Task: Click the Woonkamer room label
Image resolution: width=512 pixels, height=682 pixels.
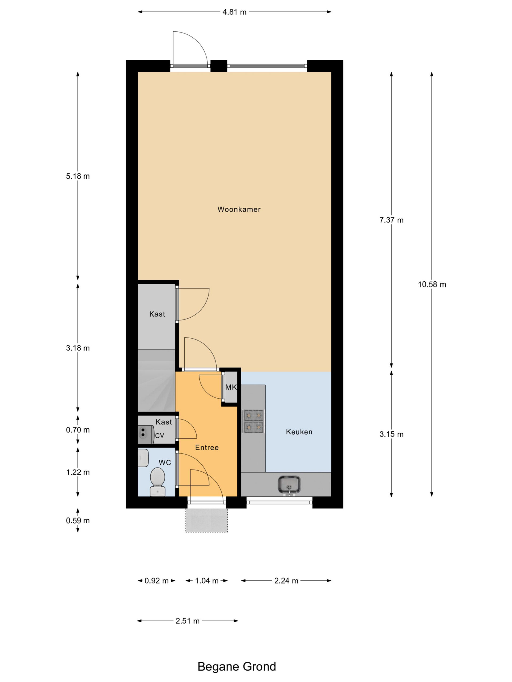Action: [239, 209]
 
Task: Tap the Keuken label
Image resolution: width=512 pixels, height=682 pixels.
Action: [299, 432]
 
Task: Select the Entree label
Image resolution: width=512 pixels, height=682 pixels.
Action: [207, 447]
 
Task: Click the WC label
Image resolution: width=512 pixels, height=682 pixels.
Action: [165, 462]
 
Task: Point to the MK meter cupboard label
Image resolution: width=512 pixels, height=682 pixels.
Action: [231, 387]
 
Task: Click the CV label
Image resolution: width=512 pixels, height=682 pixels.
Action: [159, 436]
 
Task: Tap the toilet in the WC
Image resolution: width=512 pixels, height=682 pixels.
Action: [157, 482]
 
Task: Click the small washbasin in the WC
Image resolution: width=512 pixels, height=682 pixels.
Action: [143, 458]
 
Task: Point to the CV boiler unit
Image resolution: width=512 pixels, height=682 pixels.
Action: [146, 434]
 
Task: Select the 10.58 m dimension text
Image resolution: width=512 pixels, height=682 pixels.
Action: [432, 285]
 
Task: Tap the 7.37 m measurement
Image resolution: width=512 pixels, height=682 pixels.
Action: [391, 220]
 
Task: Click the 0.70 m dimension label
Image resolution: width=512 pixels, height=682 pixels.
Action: [78, 430]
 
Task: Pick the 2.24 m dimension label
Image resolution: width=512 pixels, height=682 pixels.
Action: [286, 581]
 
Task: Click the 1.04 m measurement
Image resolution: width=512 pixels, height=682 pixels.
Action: [206, 581]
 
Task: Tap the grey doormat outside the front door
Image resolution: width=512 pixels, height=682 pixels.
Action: [206, 520]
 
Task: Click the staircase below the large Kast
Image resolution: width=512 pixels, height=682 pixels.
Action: [157, 381]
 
